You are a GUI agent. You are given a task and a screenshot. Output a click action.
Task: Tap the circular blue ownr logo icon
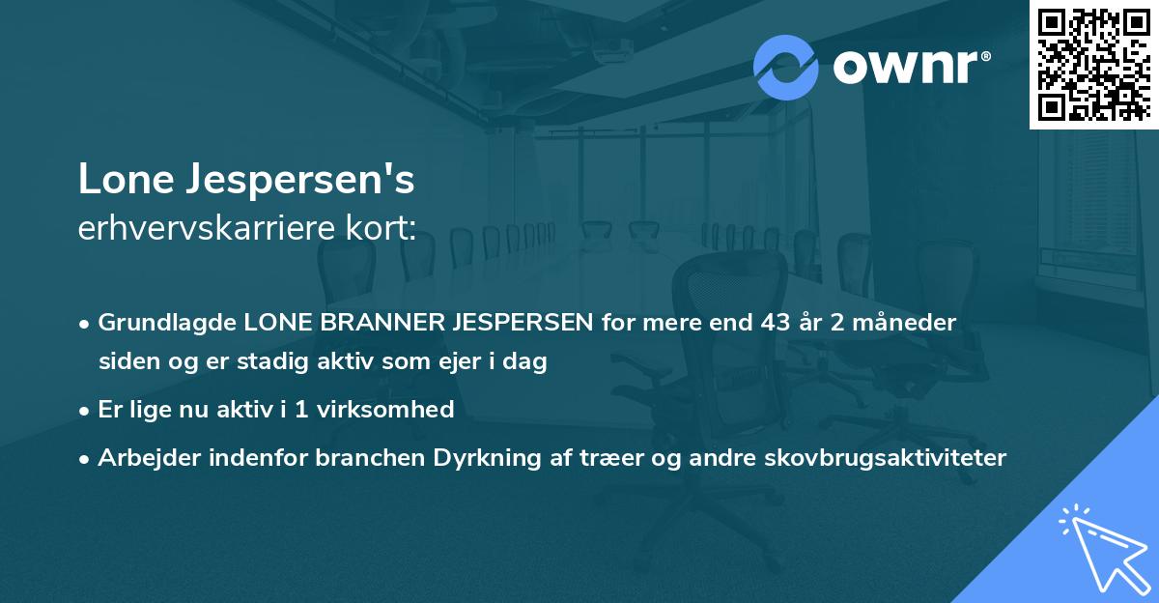pos(785,68)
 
